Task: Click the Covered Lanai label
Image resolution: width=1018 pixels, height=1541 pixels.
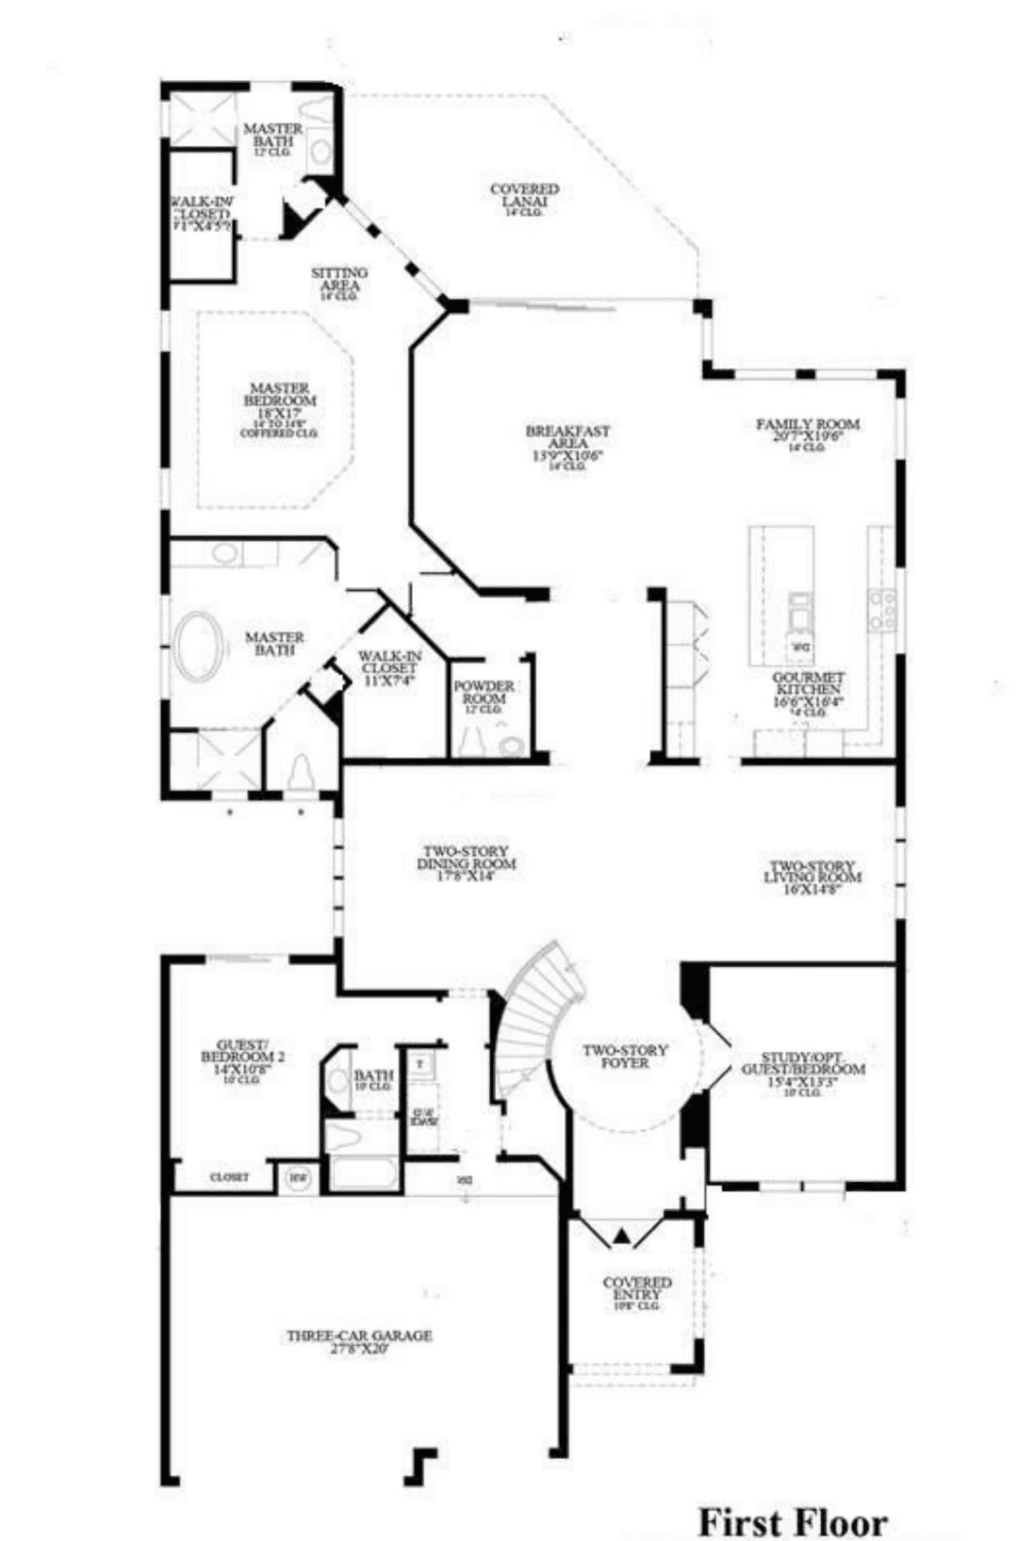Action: click(524, 196)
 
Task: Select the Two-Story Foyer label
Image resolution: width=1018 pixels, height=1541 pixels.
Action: click(625, 1056)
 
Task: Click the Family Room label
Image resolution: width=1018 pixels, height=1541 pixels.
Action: click(808, 430)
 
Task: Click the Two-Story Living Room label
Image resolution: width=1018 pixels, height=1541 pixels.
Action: click(812, 873)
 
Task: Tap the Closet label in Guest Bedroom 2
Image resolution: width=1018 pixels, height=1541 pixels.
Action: click(230, 1177)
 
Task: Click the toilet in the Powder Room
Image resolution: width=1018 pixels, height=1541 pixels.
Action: click(513, 746)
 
